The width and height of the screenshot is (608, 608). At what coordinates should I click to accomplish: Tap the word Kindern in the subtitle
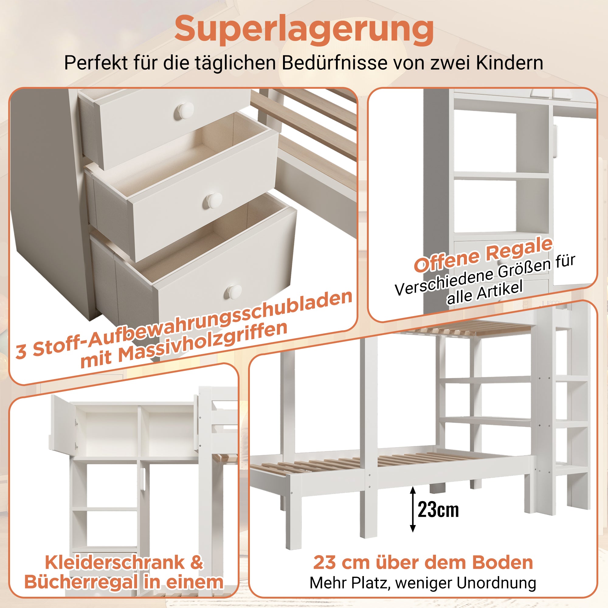(510, 63)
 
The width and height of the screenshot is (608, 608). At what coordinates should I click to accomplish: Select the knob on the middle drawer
(214, 199)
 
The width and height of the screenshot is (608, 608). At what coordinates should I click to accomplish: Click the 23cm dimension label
(438, 510)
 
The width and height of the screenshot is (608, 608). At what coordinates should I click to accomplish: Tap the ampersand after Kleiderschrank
(197, 562)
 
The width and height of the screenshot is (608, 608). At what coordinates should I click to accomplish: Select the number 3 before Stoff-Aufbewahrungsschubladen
(21, 351)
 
